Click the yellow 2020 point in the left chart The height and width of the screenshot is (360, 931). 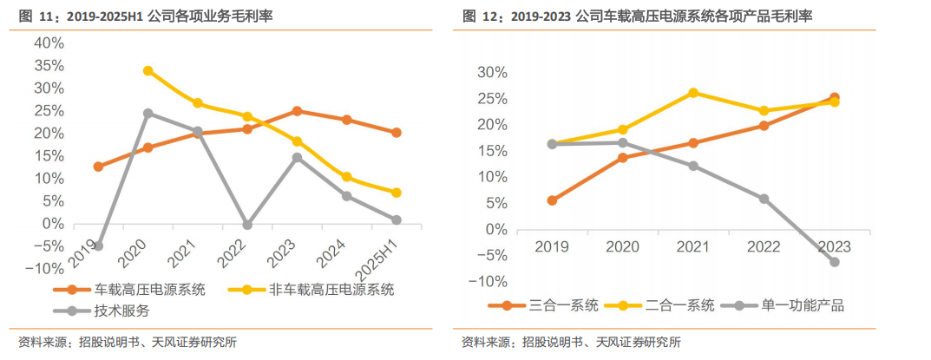(148, 70)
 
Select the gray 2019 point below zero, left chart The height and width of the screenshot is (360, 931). (98, 246)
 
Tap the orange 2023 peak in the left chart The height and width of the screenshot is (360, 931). (297, 111)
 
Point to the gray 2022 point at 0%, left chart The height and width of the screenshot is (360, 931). (247, 225)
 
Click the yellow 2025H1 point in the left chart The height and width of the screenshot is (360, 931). (396, 193)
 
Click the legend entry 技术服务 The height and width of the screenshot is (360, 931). (121, 311)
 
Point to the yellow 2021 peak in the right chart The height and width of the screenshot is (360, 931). (693, 92)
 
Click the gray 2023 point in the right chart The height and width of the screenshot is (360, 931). (835, 261)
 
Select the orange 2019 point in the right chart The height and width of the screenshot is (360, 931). (552, 200)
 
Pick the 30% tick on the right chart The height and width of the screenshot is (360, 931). (490, 72)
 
